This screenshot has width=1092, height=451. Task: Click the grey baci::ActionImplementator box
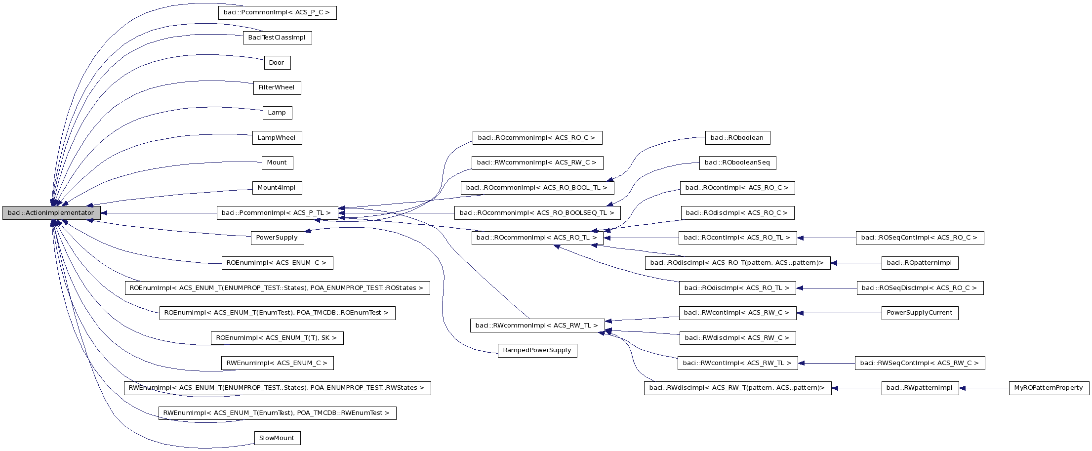tap(51, 213)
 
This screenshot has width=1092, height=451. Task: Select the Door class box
tap(277, 63)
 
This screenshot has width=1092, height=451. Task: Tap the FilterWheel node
tap(277, 88)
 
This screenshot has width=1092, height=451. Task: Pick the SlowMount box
tap(277, 438)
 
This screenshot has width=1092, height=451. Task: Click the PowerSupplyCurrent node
tap(920, 313)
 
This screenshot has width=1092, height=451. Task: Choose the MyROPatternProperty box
tap(1049, 388)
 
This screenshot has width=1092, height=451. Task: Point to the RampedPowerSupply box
tap(537, 350)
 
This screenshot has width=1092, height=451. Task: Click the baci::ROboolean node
tap(737, 138)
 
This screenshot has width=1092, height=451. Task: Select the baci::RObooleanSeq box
tap(737, 163)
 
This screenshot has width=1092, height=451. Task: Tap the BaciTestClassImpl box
tap(277, 38)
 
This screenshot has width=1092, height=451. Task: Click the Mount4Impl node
tap(277, 188)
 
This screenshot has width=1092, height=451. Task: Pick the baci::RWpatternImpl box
tap(920, 388)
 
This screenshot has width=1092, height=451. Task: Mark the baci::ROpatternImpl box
tap(920, 263)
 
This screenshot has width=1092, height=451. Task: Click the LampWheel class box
tap(277, 138)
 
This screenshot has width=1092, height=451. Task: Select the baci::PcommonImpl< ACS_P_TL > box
tap(277, 213)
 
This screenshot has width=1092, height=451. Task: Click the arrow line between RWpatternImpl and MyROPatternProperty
tap(985, 388)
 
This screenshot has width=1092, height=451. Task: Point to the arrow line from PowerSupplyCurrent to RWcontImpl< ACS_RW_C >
tap(840, 313)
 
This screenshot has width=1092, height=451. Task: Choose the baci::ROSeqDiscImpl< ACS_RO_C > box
tap(920, 288)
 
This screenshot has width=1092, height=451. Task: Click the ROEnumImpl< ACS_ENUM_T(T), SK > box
tap(277, 338)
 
